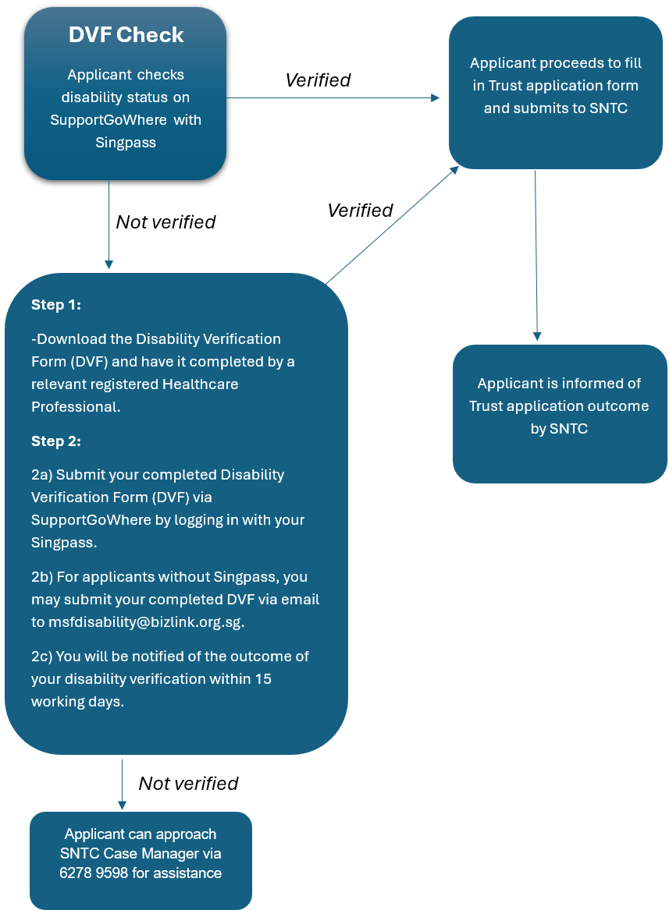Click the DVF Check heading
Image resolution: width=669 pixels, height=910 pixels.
(x=126, y=35)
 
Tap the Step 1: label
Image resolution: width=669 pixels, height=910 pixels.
(x=56, y=305)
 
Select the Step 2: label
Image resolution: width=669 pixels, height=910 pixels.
(x=56, y=441)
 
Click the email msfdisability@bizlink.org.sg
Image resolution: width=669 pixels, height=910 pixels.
(x=146, y=622)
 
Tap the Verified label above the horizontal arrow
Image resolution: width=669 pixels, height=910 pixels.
(x=318, y=80)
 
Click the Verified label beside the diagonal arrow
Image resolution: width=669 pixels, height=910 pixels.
(x=360, y=210)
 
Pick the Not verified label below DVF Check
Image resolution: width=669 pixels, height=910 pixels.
(x=165, y=222)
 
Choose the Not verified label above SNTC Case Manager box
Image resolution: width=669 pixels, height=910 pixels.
(x=188, y=783)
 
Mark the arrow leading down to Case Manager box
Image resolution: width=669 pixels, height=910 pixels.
(x=122, y=784)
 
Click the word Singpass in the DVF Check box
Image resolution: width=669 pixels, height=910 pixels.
(x=126, y=142)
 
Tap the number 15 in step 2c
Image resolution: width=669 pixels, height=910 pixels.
(x=263, y=678)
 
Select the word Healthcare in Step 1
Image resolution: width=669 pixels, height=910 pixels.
(x=200, y=384)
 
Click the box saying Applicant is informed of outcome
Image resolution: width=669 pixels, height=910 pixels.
(x=559, y=413)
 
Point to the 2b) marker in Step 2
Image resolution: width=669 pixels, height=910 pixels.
(x=44, y=577)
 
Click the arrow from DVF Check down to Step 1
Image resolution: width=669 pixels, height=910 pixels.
(x=109, y=226)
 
